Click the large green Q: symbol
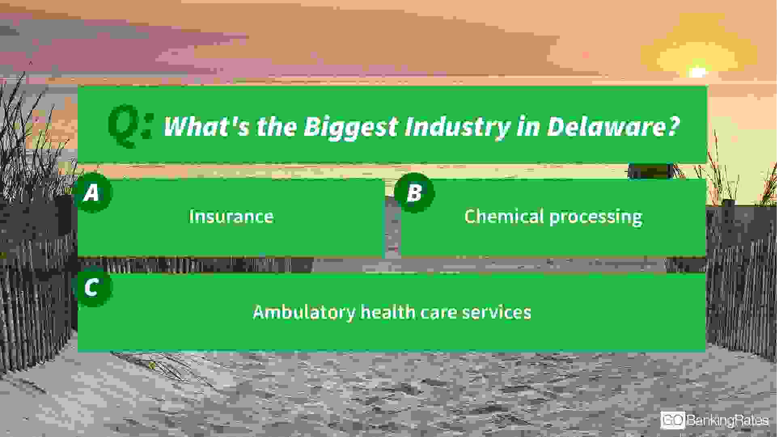click(130, 126)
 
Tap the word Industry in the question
click(457, 127)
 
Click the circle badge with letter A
click(92, 193)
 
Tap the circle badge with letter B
click(414, 193)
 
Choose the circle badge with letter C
click(92, 287)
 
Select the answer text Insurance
click(231, 216)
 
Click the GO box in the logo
click(673, 420)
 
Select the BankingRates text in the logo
click(727, 421)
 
